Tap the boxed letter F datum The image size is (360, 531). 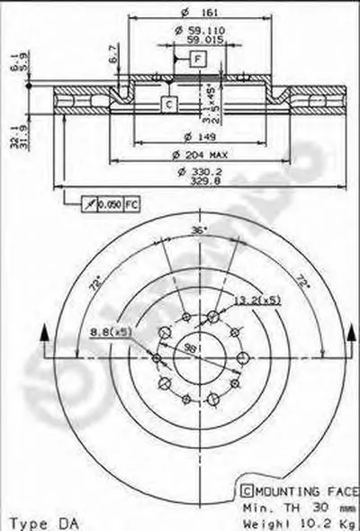tap(196, 58)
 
